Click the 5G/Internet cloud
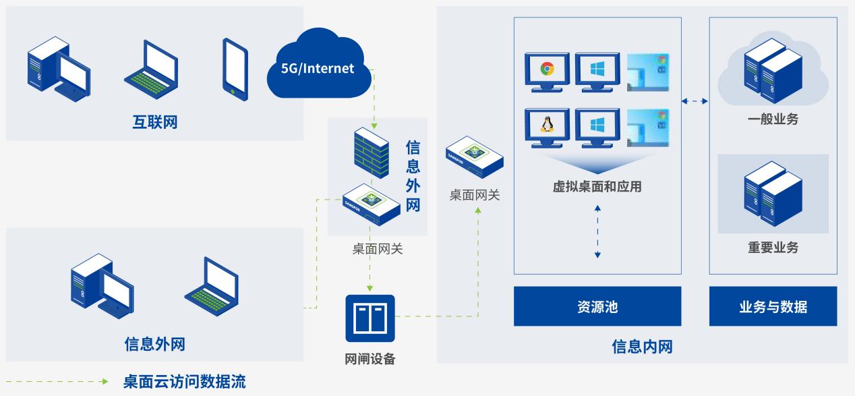click(318, 67)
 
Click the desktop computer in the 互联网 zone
click(58, 68)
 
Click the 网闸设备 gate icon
click(370, 318)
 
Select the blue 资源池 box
click(597, 307)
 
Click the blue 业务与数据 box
click(773, 307)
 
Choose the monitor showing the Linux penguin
click(547, 128)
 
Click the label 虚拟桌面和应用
click(597, 187)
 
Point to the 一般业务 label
click(773, 119)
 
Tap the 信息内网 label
click(642, 347)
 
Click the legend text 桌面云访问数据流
click(184, 383)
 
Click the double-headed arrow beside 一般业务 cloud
click(695, 101)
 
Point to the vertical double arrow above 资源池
click(597, 232)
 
